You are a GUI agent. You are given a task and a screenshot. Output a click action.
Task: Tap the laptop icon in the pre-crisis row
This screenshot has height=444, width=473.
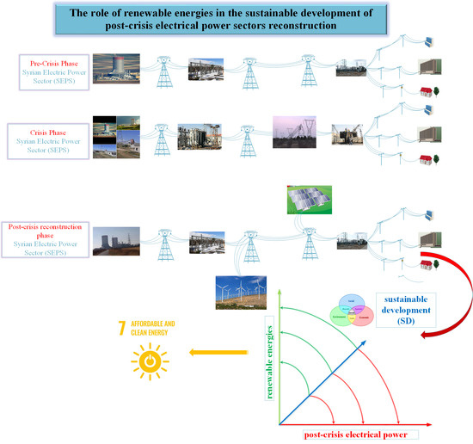pos(428,40)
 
